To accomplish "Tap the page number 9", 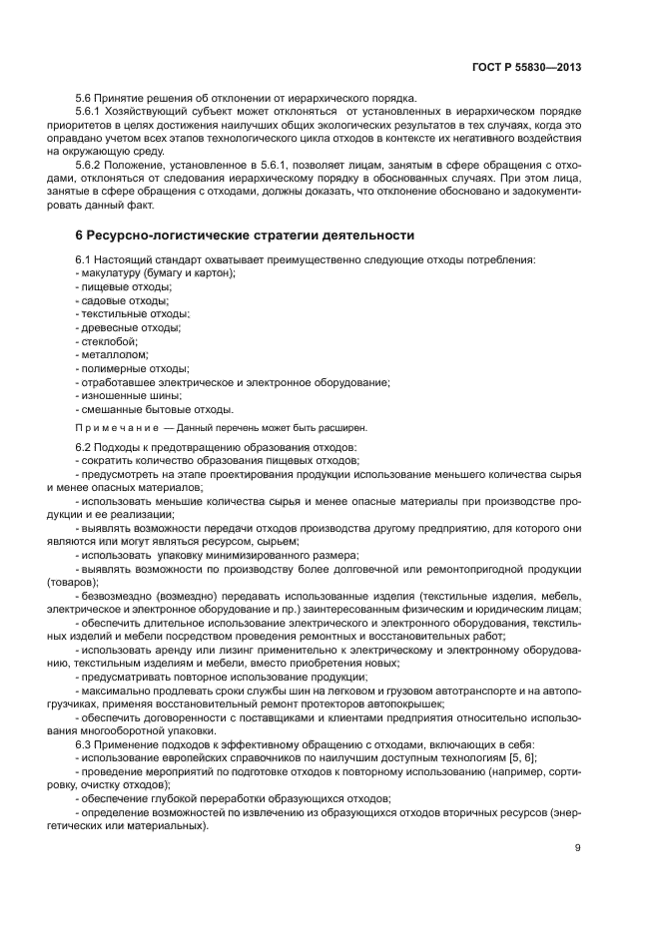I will coord(577,848).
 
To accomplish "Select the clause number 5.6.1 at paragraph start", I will coord(92,113).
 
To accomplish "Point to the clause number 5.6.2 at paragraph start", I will coord(92,164).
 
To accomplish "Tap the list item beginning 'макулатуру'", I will coord(157,272).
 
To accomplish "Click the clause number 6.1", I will coord(84,259).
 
